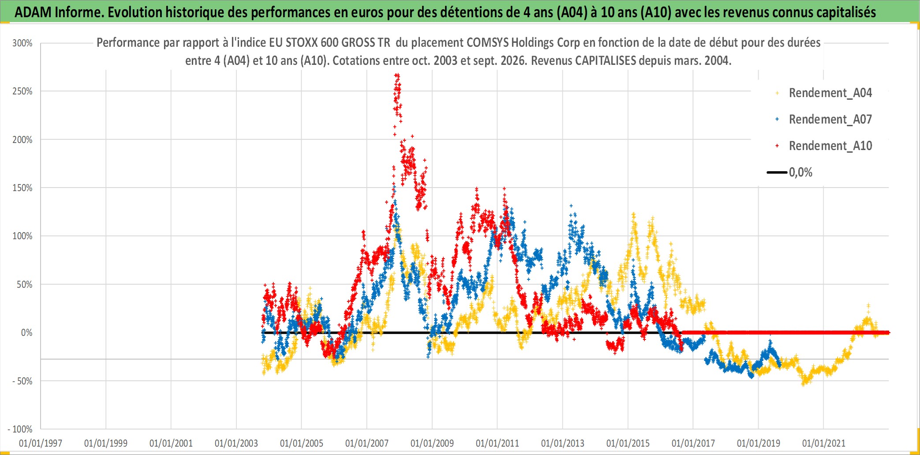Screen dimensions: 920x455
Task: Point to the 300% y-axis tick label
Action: (x=22, y=43)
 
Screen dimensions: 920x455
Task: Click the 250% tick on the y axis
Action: (x=22, y=91)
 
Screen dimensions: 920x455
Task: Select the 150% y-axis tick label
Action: (x=22, y=188)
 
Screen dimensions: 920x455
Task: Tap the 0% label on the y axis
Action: (x=27, y=333)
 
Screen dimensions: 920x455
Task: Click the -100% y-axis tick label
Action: (x=20, y=429)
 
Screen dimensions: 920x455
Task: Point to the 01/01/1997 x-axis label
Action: (x=41, y=443)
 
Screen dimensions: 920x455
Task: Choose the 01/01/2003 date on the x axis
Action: (x=236, y=443)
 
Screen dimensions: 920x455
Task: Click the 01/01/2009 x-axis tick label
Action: (x=432, y=443)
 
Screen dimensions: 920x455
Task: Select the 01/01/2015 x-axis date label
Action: (x=628, y=443)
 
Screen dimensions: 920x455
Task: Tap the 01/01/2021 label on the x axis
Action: (x=824, y=443)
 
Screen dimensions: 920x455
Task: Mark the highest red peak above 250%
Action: (x=397, y=75)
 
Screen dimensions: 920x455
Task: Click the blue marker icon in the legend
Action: (x=777, y=119)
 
